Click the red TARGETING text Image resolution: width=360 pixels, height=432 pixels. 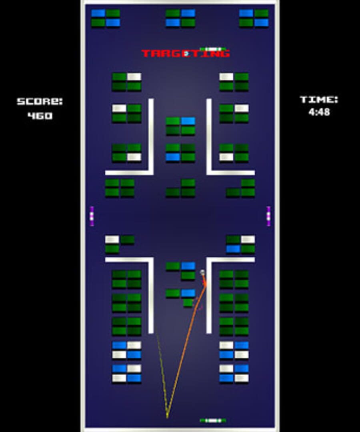[x=186, y=53]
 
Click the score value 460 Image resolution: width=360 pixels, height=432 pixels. [x=40, y=116]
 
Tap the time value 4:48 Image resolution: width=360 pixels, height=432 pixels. [x=319, y=112]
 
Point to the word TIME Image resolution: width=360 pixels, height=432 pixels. [x=319, y=100]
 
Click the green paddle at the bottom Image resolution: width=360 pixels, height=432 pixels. [x=213, y=420]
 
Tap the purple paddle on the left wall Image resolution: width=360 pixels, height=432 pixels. [x=92, y=216]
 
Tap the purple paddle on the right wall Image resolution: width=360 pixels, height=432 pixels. [x=268, y=216]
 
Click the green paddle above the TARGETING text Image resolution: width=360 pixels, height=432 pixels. [x=213, y=49]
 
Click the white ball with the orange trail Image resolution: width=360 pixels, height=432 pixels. [x=202, y=272]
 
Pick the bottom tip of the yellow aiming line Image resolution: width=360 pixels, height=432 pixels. [x=167, y=417]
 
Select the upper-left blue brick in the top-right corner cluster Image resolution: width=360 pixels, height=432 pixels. [x=246, y=13]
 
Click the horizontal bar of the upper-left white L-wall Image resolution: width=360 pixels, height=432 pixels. [x=129, y=173]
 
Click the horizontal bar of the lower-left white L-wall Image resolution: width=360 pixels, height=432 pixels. [x=129, y=260]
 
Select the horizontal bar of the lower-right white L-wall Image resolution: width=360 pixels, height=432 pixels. [x=230, y=260]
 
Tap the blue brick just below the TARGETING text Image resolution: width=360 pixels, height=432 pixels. [x=188, y=121]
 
